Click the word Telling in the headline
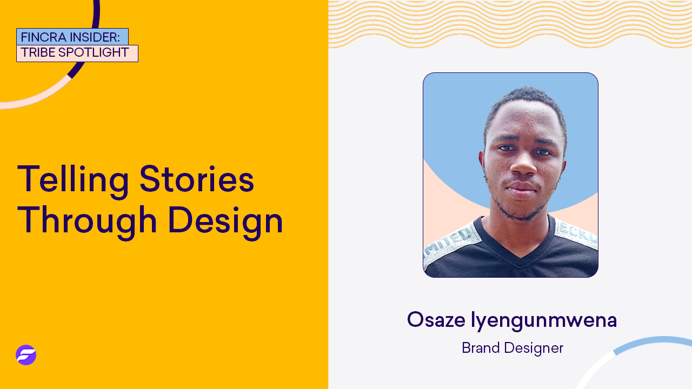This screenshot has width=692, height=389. tap(73, 179)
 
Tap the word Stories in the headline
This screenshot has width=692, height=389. tap(197, 179)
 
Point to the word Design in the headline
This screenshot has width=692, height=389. tap(225, 220)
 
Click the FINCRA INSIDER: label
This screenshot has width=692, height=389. tap(72, 37)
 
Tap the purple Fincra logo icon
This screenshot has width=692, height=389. tap(26, 355)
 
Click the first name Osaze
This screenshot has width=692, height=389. tap(436, 320)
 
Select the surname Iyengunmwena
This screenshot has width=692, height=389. tap(544, 320)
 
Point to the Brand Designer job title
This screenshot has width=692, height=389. tap(513, 348)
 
